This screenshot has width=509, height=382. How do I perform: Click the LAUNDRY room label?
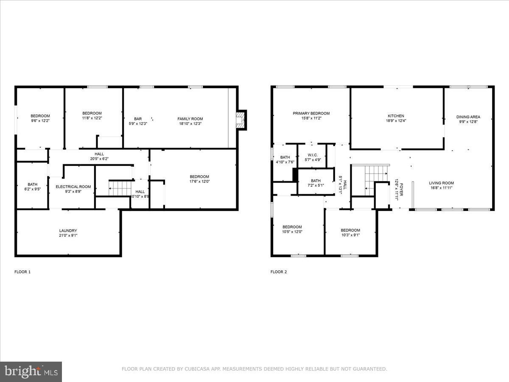click(x=68, y=230)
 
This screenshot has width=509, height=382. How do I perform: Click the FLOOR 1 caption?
click(x=22, y=272)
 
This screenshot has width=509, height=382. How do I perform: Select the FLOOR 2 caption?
click(x=279, y=272)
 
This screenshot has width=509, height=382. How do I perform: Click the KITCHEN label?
click(x=396, y=116)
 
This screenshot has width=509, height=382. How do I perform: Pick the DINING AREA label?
click(x=468, y=117)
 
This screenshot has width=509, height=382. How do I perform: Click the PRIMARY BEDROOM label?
click(x=311, y=113)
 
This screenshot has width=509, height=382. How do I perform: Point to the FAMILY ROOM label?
click(x=190, y=119)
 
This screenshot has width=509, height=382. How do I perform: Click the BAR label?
click(x=138, y=119)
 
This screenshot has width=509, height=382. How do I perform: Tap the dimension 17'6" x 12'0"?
click(x=199, y=182)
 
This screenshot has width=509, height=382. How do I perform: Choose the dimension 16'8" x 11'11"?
click(x=442, y=188)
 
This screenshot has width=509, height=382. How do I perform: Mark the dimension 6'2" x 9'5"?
click(x=32, y=190)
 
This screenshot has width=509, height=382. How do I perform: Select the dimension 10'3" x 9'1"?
click(x=350, y=236)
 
